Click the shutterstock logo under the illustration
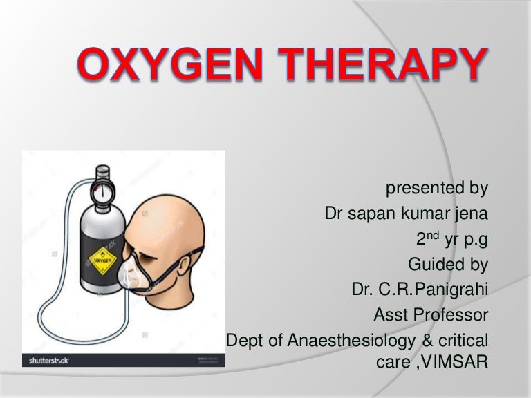48,360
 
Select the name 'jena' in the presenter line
469,214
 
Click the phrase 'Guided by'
448,264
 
